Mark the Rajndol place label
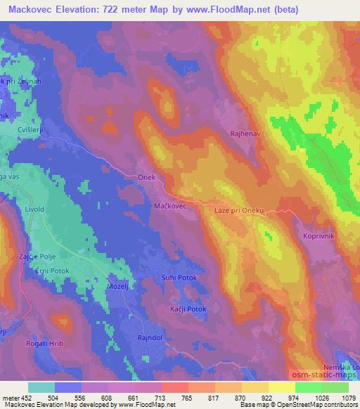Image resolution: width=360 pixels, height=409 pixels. [150, 338]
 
